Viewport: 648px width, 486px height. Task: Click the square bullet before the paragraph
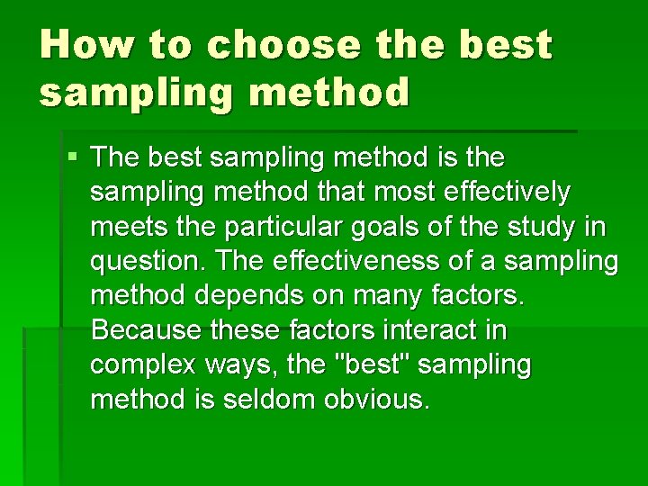click(73, 158)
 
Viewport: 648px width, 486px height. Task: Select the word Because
click(148, 330)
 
